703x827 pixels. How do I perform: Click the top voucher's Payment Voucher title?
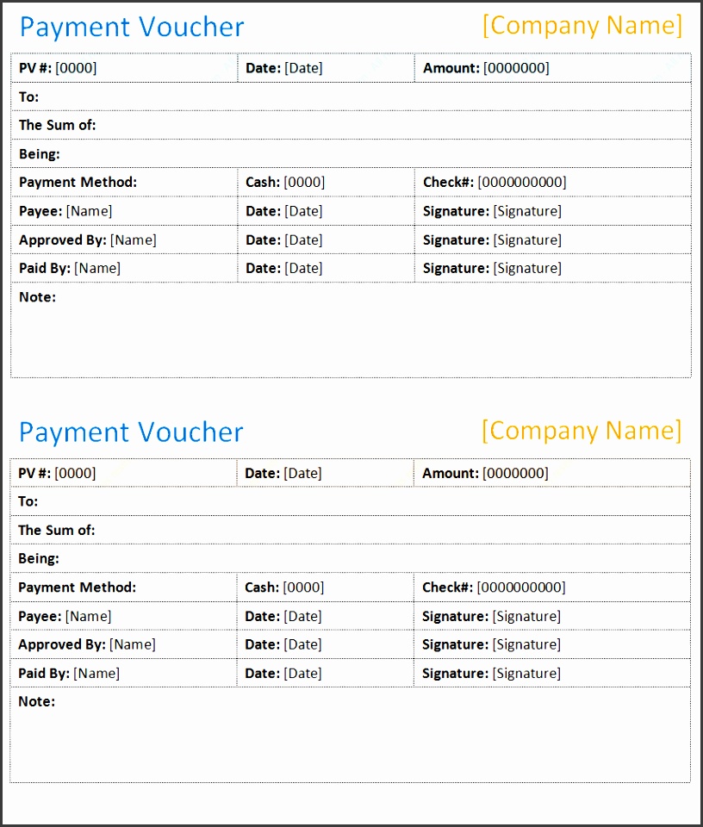(132, 27)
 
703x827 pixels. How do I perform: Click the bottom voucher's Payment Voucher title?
(131, 432)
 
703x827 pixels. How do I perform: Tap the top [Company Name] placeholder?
(582, 25)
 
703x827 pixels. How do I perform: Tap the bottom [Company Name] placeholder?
(582, 430)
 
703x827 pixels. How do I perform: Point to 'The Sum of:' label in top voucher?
(57, 125)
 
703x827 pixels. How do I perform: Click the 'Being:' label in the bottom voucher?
(39, 558)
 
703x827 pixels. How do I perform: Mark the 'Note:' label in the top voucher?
(37, 297)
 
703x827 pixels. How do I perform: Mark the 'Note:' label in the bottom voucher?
(36, 701)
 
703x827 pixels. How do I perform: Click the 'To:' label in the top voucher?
(28, 96)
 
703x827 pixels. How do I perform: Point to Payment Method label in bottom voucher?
(77, 588)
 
